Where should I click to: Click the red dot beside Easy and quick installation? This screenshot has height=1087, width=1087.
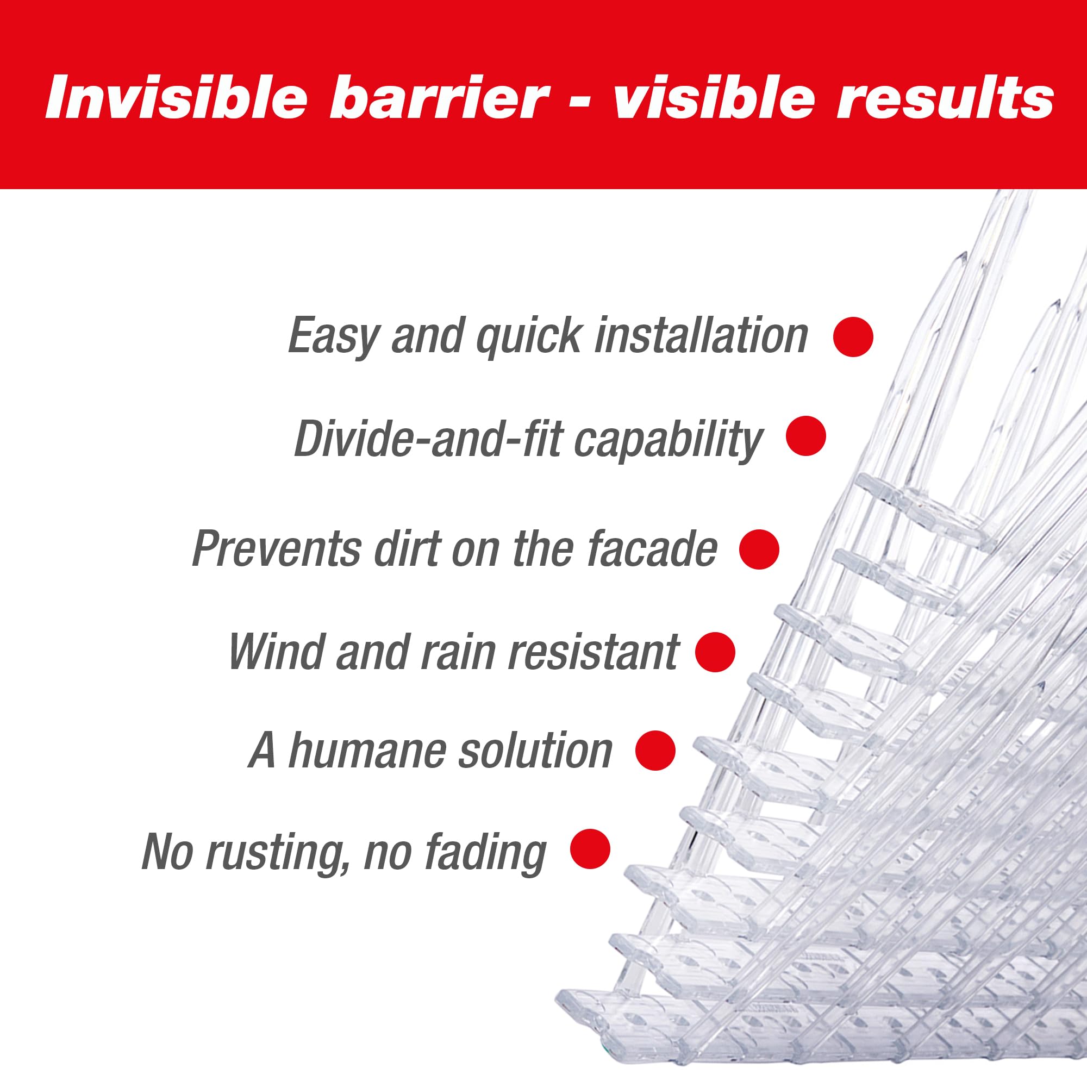tap(853, 336)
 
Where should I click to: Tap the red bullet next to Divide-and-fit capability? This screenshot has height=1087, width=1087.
tap(805, 435)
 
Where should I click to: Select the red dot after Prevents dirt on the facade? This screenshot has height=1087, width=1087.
tap(759, 549)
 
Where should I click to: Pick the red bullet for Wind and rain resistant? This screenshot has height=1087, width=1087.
tap(715, 652)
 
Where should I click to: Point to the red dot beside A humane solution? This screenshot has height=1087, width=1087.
tap(655, 750)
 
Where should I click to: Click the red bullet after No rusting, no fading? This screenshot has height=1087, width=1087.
tap(590, 848)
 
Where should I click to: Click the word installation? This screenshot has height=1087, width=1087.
tap(701, 335)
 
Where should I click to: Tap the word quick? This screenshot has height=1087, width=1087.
tap(528, 336)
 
